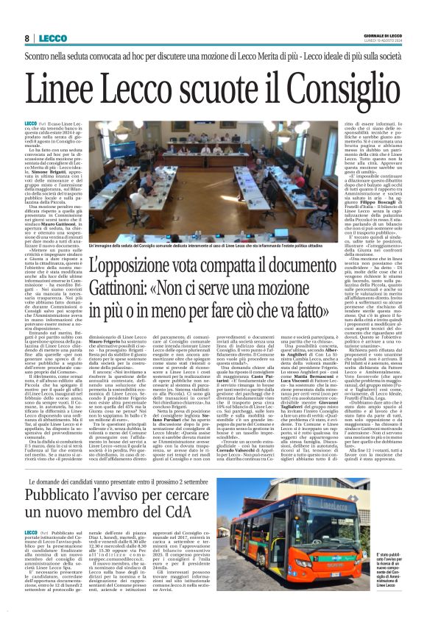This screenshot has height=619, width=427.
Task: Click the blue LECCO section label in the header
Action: (x=52, y=37)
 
